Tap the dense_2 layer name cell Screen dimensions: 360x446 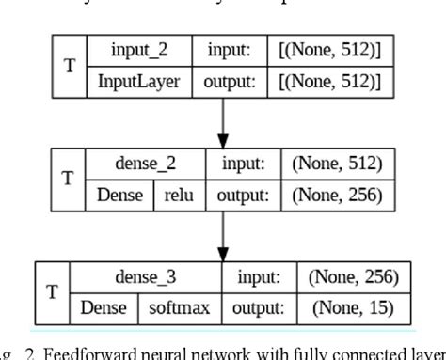pos(151,164)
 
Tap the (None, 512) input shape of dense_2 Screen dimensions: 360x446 pos(337,164)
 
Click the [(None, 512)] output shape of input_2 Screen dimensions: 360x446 pos(330,81)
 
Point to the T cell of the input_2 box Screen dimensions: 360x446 pos(70,66)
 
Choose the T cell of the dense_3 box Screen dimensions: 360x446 pos(54,291)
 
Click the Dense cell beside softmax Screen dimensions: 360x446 pos(104,306)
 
